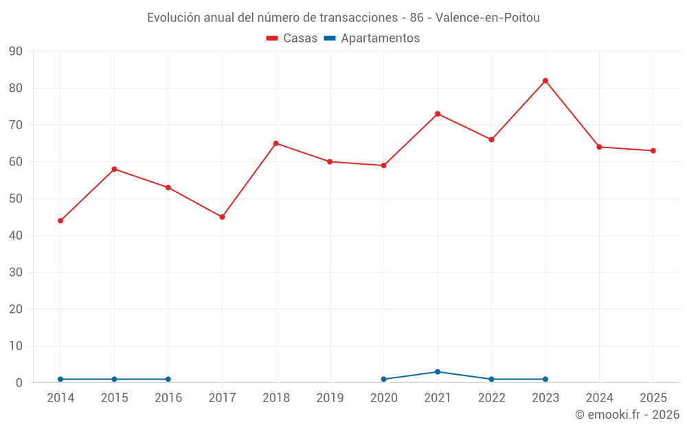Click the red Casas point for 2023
coord(545,81)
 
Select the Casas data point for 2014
coord(60,220)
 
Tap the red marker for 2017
coord(222,217)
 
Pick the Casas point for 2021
coord(437,114)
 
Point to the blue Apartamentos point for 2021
coord(437,371)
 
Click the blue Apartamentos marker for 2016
coord(168,379)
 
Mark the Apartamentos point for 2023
coord(545,379)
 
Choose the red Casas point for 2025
coord(653,150)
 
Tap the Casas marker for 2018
coord(276,143)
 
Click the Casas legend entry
coord(292,38)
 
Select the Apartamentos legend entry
coord(372,38)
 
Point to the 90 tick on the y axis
coord(15,51)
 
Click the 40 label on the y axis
coord(15,235)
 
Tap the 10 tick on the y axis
coord(15,346)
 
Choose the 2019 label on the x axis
coord(330,397)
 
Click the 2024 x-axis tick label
coord(599,397)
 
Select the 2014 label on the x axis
coord(60,397)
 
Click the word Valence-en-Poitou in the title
coord(488,18)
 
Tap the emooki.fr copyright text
coord(627,414)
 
